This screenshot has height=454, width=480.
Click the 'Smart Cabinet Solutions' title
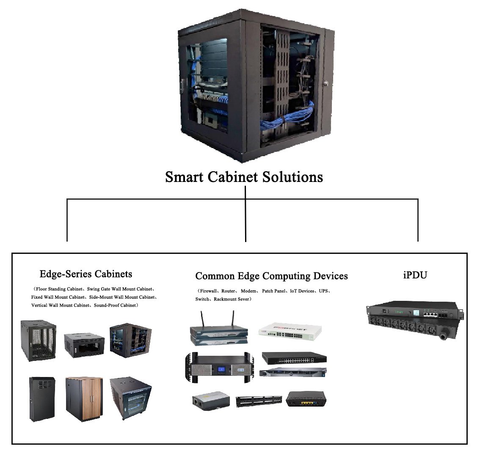coord(244,177)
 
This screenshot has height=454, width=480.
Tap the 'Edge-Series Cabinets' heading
coord(86,274)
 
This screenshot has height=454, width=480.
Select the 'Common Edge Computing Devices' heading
coord(271,276)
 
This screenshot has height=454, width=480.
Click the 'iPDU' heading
coord(415,275)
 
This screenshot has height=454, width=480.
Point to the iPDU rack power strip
coord(415,320)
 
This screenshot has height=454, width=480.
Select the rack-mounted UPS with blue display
coord(220,367)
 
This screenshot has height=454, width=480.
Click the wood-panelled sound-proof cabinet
coord(84,399)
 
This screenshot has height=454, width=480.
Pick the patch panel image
coord(259,401)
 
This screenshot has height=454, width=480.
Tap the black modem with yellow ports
coord(306,399)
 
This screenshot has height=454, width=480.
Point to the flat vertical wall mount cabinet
coord(42,399)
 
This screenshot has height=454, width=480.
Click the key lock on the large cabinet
coord(326,83)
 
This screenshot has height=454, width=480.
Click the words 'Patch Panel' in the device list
coord(274,291)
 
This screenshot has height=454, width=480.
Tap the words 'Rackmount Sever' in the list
coord(232,299)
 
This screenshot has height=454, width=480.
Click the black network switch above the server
coord(294,358)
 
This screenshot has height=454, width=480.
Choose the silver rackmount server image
coord(293,372)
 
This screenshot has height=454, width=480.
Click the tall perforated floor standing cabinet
coord(39,341)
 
